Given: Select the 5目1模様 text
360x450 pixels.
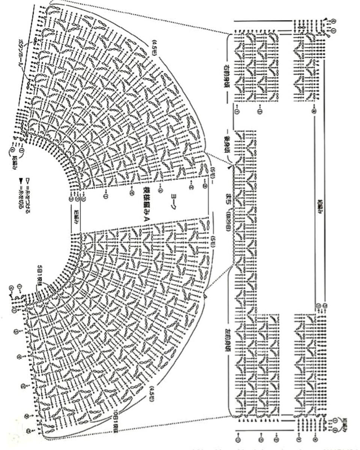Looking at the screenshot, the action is point(41,276).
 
